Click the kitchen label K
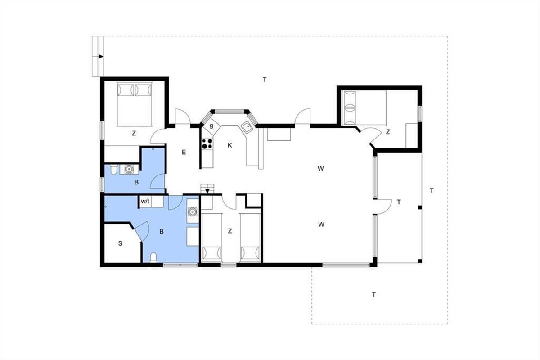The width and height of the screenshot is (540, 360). [230, 145]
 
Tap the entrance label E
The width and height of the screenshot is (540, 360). [184, 152]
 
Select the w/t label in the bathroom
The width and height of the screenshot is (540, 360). [145, 201]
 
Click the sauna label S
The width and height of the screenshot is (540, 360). [120, 243]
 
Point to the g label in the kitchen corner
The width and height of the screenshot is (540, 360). [211, 126]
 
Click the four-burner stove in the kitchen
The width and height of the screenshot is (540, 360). [207, 144]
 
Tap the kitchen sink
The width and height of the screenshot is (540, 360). [247, 127]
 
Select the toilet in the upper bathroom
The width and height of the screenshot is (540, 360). [113, 169]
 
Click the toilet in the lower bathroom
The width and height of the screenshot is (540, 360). [153, 257]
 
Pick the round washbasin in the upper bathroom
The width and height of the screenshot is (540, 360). [129, 169]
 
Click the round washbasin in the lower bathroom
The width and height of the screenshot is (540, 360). [193, 211]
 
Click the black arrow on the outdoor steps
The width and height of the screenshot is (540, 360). [101, 57]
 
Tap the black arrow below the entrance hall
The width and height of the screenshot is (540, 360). [207, 191]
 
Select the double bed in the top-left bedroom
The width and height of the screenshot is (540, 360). [135, 104]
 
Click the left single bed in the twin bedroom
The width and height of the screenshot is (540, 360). [211, 238]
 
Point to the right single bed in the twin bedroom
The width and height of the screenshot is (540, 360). [251, 238]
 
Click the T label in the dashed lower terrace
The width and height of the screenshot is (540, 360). [373, 294]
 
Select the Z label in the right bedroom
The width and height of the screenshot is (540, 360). [388, 132]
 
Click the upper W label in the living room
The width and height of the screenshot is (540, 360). [320, 169]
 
